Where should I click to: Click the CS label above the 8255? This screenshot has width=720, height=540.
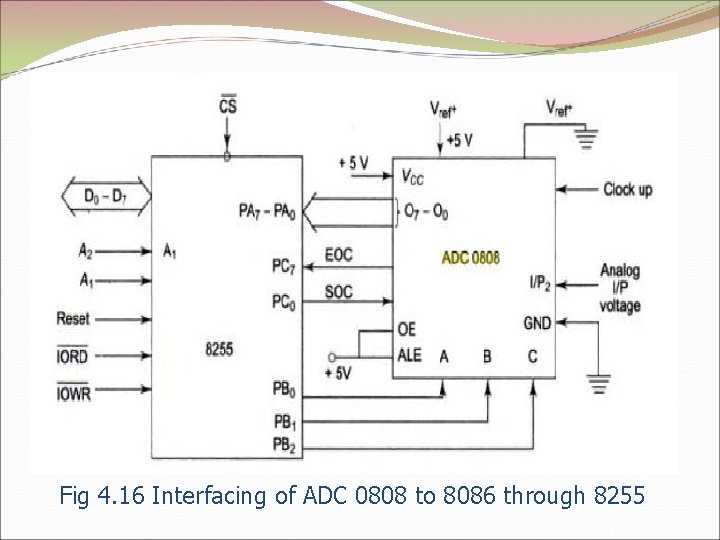228,103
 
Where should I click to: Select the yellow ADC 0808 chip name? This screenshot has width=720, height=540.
470,258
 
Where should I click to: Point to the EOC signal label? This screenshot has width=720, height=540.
339,255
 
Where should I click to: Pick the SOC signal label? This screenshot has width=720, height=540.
339,292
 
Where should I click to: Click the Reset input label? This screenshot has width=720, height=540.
73,319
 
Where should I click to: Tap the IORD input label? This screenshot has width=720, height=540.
73,355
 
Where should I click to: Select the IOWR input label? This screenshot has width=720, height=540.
73,394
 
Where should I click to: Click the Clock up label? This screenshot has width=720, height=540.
627,189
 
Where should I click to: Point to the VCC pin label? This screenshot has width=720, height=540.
412,177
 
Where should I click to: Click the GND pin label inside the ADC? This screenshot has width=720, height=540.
536,322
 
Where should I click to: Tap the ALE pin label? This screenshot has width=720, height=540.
410,356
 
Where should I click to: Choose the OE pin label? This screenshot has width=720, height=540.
406,329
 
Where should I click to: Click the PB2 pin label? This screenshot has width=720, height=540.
285,443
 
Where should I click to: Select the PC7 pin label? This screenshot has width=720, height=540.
283,266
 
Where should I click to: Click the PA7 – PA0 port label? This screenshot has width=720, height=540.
267,211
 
